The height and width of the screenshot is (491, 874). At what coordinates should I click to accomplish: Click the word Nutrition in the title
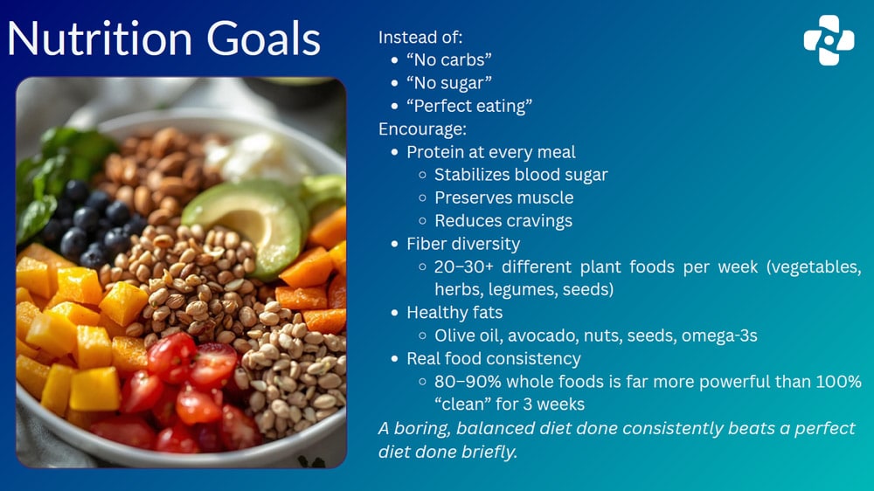(x=98, y=38)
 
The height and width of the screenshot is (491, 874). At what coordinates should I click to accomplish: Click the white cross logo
(x=829, y=39)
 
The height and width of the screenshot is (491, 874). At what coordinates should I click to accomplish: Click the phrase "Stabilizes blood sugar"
(x=521, y=175)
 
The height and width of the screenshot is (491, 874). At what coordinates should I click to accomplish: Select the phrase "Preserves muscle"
(x=504, y=197)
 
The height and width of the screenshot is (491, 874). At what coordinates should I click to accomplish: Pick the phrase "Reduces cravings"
(x=503, y=220)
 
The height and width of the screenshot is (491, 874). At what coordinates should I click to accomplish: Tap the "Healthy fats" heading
(x=454, y=312)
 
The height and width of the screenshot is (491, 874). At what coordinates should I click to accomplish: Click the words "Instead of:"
(x=420, y=38)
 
